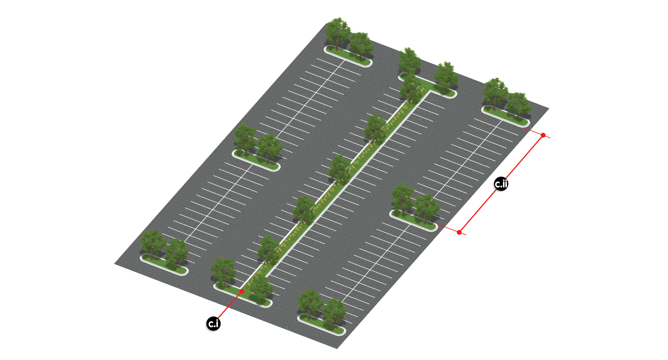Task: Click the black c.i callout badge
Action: point(213,323)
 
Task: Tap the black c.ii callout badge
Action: point(501,184)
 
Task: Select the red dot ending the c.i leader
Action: point(242,291)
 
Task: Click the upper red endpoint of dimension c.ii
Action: point(543,135)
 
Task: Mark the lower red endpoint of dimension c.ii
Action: point(459,232)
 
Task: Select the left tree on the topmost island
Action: point(338,34)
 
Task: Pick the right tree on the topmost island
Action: point(361,46)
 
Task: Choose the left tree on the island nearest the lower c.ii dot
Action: point(403,200)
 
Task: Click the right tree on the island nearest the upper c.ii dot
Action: point(519,105)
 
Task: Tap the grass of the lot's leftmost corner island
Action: point(164,264)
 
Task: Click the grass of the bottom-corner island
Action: point(322,324)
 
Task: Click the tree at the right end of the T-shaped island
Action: point(446,76)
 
